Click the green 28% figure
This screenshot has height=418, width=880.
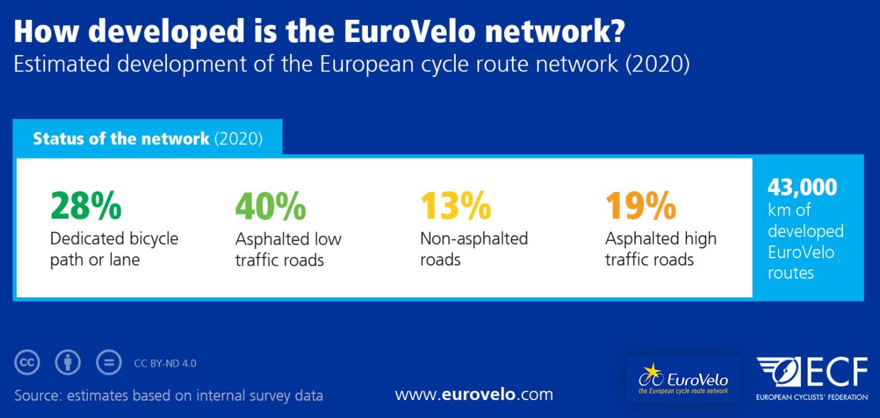(x=86, y=205)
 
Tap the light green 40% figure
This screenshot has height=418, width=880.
(x=271, y=206)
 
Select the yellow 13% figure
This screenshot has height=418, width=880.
(x=456, y=205)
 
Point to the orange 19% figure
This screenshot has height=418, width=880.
(x=641, y=205)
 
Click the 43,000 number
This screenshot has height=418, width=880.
(x=803, y=188)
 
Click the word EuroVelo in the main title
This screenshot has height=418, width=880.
(x=410, y=31)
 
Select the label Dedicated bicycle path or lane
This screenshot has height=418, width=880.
(x=114, y=250)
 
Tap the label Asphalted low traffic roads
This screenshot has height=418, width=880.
(x=288, y=250)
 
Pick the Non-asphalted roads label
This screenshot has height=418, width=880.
(x=474, y=250)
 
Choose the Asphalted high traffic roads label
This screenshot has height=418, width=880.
(x=661, y=250)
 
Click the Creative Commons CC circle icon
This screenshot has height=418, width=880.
(x=27, y=362)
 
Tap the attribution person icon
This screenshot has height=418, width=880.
(x=68, y=362)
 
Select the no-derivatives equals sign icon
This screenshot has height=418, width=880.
(x=109, y=362)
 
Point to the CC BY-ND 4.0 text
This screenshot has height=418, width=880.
(x=165, y=364)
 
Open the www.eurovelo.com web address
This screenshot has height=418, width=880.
(x=474, y=394)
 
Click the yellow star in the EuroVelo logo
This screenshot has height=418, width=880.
(x=652, y=371)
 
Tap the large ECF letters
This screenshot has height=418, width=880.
(x=836, y=372)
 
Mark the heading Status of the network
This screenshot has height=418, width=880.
(x=121, y=139)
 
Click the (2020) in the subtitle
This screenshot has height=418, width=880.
(x=657, y=64)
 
